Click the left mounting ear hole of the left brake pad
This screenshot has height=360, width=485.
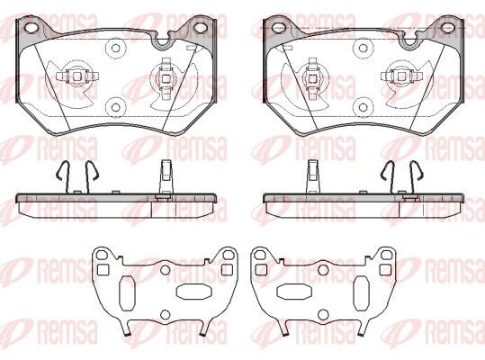coord(31,28)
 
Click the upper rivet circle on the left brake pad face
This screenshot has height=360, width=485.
coord(115,48)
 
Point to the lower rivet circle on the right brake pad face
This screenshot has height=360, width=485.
coord(363,107)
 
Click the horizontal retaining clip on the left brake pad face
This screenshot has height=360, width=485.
coord(77,76)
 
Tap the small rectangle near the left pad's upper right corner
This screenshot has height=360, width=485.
coord(192,49)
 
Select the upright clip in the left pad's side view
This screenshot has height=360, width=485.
coord(166,179)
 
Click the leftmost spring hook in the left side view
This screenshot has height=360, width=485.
coord(63,177)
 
